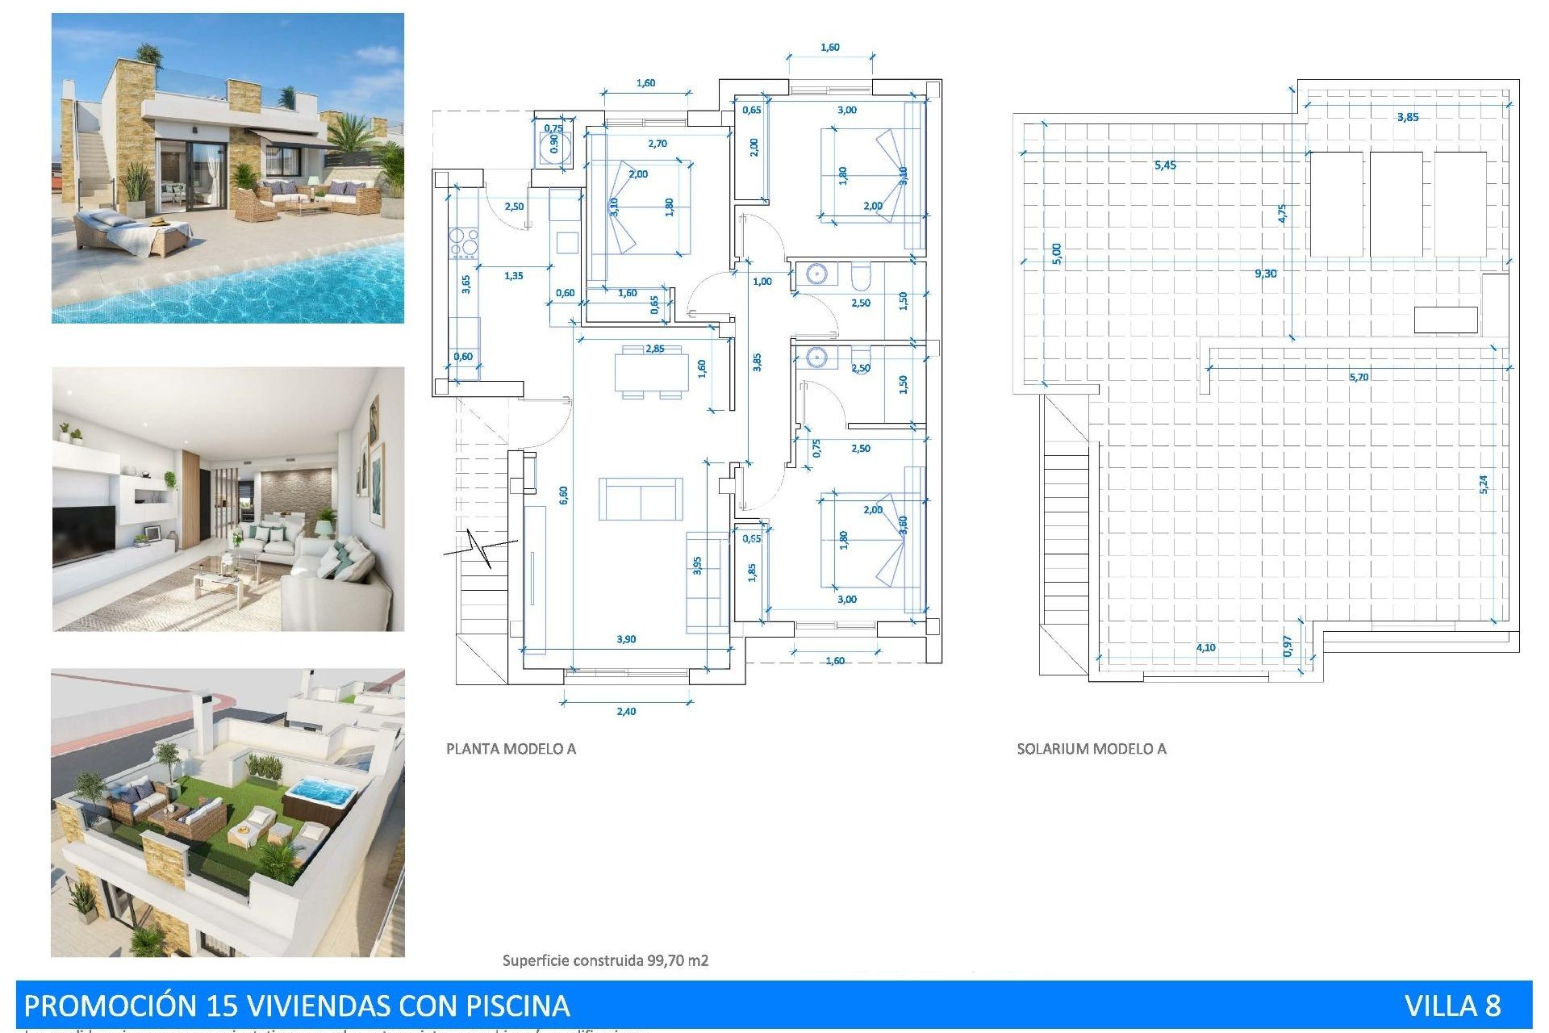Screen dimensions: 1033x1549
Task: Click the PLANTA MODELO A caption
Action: (511, 749)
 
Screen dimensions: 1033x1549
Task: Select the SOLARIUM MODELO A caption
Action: (1091, 749)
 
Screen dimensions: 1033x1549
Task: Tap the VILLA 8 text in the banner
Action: (1452, 1006)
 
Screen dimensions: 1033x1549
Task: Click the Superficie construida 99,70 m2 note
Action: (605, 960)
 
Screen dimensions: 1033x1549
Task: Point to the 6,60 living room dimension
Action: (564, 495)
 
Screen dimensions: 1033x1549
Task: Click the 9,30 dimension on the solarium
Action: (1265, 274)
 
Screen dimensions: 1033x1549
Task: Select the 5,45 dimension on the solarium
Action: (1165, 165)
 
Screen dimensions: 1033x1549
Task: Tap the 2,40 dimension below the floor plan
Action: (626, 712)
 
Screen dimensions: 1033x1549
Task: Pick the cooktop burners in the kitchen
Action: (465, 243)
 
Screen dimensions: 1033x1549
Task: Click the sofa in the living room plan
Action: (641, 500)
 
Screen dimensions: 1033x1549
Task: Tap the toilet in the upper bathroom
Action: (860, 277)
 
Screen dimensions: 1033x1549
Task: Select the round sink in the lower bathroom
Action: (817, 357)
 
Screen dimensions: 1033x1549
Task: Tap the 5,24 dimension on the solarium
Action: (1484, 484)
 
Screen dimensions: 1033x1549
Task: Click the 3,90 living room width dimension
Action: (626, 639)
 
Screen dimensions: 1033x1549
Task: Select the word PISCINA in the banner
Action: (518, 1006)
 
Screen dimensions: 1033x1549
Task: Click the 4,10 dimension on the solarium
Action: (1205, 648)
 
